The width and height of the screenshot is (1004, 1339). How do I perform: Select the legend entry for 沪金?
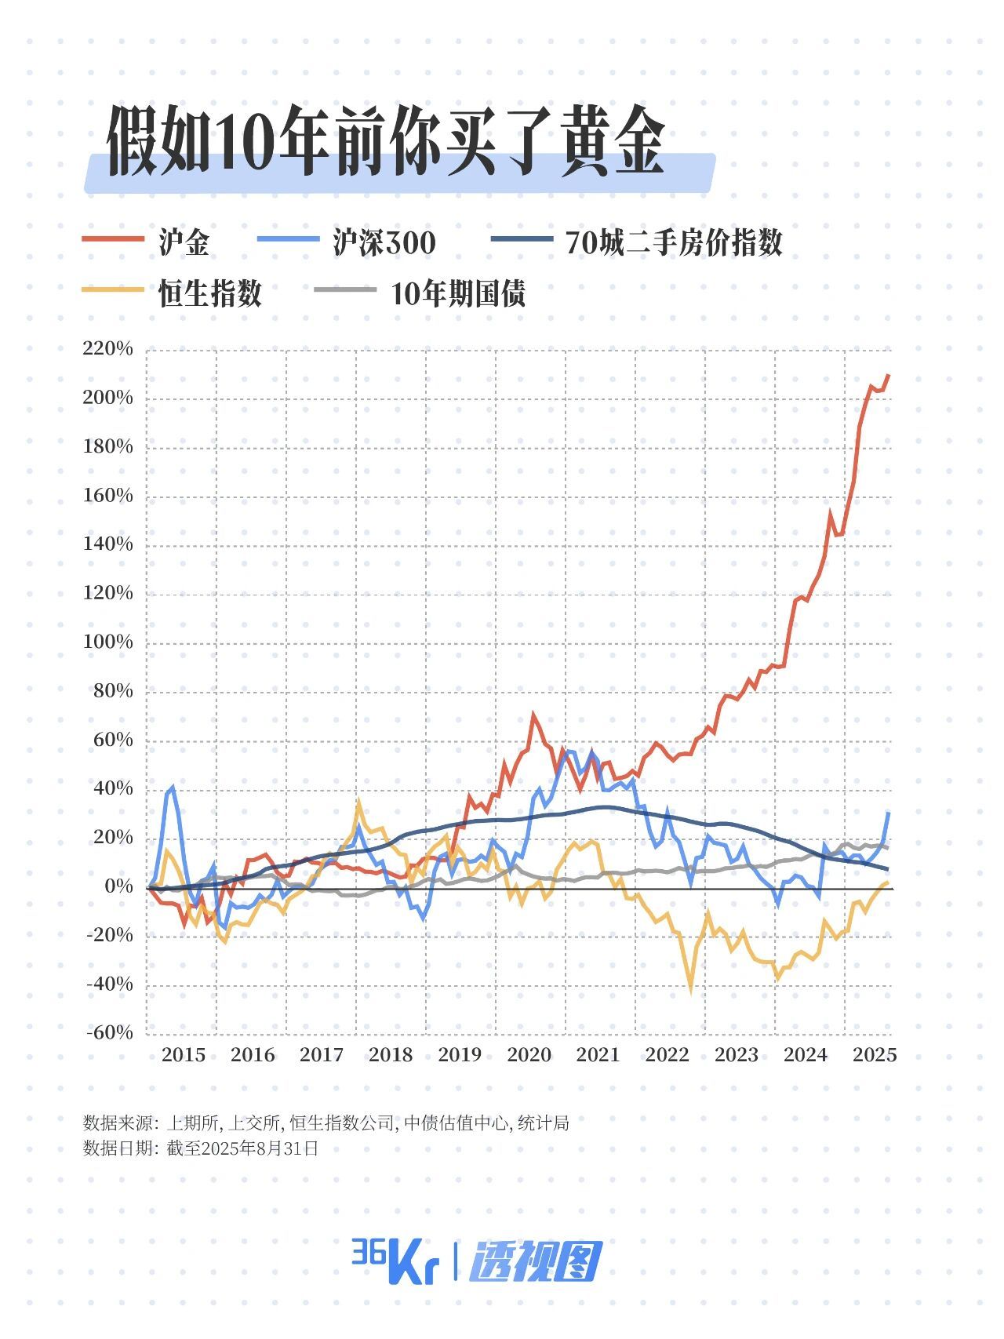(184, 242)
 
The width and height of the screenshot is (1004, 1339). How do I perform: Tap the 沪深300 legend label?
(384, 242)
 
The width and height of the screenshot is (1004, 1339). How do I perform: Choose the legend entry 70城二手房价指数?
(674, 242)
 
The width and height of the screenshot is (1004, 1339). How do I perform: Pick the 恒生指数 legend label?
(210, 293)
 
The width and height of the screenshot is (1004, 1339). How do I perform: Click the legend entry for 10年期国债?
(458, 293)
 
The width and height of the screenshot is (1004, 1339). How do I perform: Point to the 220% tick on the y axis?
(108, 348)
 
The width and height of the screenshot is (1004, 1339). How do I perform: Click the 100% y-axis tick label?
(108, 642)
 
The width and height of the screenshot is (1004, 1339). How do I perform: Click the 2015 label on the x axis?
(183, 1055)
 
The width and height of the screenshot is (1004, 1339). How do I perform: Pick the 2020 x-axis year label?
(529, 1055)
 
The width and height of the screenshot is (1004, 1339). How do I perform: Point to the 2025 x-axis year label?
(875, 1055)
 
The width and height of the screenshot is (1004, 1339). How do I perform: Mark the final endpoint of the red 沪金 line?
(889, 375)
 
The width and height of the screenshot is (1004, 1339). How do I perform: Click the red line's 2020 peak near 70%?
(533, 715)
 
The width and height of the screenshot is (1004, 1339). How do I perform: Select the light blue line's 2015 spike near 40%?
(173, 787)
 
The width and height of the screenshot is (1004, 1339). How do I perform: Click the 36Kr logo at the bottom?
(393, 1261)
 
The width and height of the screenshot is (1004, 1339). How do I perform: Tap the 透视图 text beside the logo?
(536, 1261)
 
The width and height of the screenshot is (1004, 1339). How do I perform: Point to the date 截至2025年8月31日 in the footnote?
(242, 1149)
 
